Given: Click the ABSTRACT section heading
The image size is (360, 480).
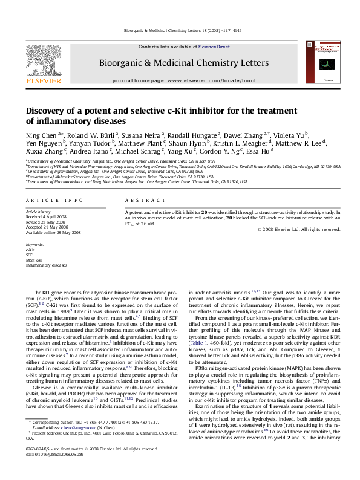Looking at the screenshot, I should click(x=143, y=199).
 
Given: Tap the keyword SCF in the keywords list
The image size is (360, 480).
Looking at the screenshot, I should click(x=29, y=254).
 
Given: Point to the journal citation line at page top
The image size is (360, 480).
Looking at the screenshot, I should click(x=180, y=30).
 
